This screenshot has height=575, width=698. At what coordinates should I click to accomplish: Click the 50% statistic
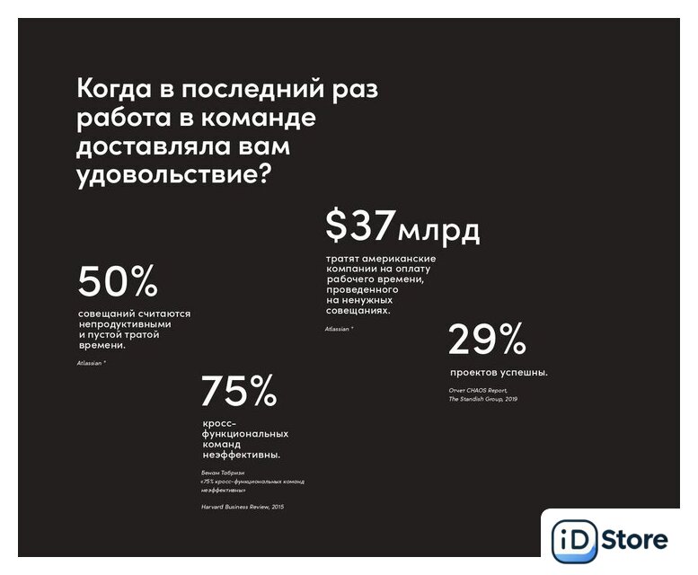[x=118, y=282]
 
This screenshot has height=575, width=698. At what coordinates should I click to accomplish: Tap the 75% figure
[x=238, y=391]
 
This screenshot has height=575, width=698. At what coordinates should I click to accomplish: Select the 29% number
[x=486, y=340]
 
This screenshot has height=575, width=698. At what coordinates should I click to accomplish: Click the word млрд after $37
[x=439, y=231]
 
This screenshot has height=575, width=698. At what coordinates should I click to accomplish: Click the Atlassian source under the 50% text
[x=92, y=362]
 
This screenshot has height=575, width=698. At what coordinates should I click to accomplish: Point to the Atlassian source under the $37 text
[x=339, y=329]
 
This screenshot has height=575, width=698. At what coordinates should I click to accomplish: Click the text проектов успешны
[x=499, y=372]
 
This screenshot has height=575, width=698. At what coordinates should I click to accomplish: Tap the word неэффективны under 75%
[x=240, y=454]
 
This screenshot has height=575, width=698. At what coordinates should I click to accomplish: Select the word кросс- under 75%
[x=218, y=422]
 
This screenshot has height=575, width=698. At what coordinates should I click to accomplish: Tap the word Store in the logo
[x=634, y=540]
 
